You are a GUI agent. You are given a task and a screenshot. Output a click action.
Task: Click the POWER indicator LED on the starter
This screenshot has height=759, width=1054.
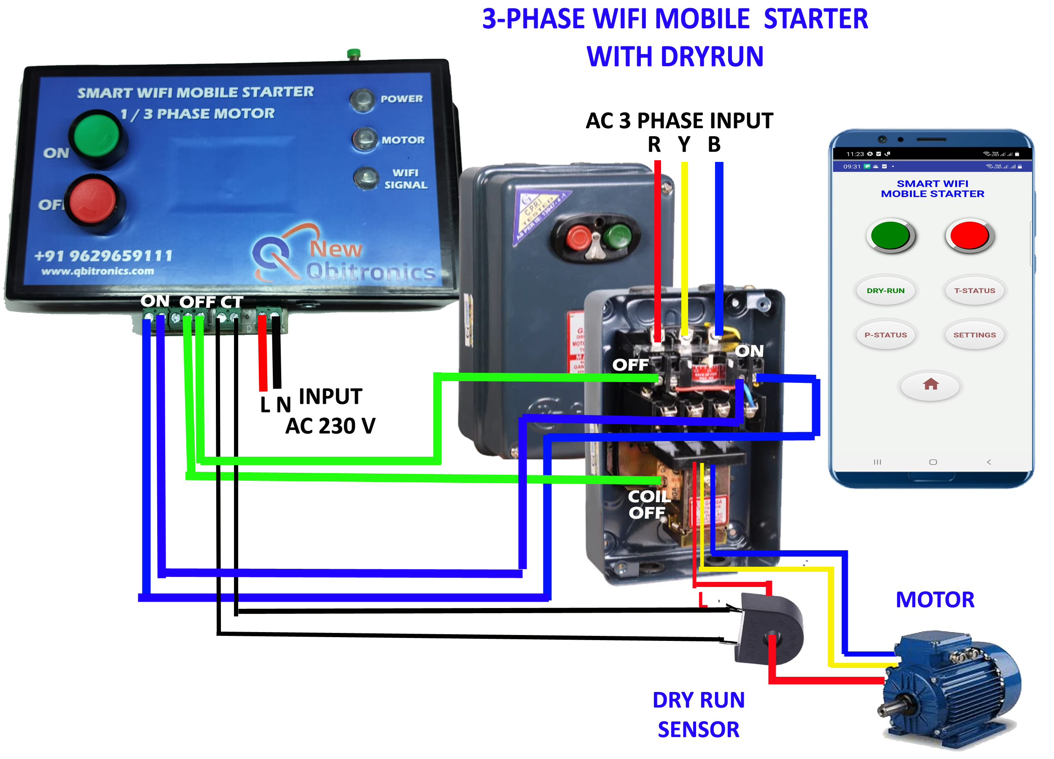[x=362, y=100]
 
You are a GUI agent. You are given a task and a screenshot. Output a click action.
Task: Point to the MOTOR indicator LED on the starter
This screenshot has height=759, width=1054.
[x=365, y=140]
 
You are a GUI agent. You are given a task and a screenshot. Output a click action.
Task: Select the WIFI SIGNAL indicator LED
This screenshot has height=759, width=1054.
[x=367, y=178]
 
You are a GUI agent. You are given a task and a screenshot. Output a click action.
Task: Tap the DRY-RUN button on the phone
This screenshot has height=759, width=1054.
[x=886, y=291]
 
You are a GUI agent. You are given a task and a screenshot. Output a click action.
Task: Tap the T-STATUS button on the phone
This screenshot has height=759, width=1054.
[x=975, y=291]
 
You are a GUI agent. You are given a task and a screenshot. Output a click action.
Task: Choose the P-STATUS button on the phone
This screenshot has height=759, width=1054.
[x=886, y=335]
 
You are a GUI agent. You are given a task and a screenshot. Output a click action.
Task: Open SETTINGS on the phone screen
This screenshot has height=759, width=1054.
[x=975, y=335]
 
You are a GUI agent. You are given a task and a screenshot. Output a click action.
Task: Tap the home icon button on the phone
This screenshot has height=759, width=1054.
[x=930, y=385]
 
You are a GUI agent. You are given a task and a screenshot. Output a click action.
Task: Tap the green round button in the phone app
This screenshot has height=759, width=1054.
[x=890, y=235]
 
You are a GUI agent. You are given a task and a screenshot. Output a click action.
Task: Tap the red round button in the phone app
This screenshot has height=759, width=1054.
[x=969, y=235]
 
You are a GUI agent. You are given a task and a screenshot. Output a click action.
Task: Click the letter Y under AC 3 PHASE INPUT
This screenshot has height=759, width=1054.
[x=684, y=145]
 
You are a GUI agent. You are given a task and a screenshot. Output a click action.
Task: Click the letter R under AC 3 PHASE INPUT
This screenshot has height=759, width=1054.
[x=654, y=145]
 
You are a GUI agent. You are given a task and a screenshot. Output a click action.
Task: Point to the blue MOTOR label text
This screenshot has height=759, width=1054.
[x=935, y=600]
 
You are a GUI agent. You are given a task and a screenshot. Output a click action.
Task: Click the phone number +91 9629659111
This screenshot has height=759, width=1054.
[x=103, y=256]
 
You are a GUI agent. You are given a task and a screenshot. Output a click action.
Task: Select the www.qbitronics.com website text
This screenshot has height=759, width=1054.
[x=97, y=272]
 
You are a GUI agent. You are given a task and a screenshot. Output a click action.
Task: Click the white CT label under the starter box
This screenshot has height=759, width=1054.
[x=231, y=302]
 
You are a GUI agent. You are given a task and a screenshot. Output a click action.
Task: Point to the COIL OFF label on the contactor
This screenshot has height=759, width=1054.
[x=649, y=505]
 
